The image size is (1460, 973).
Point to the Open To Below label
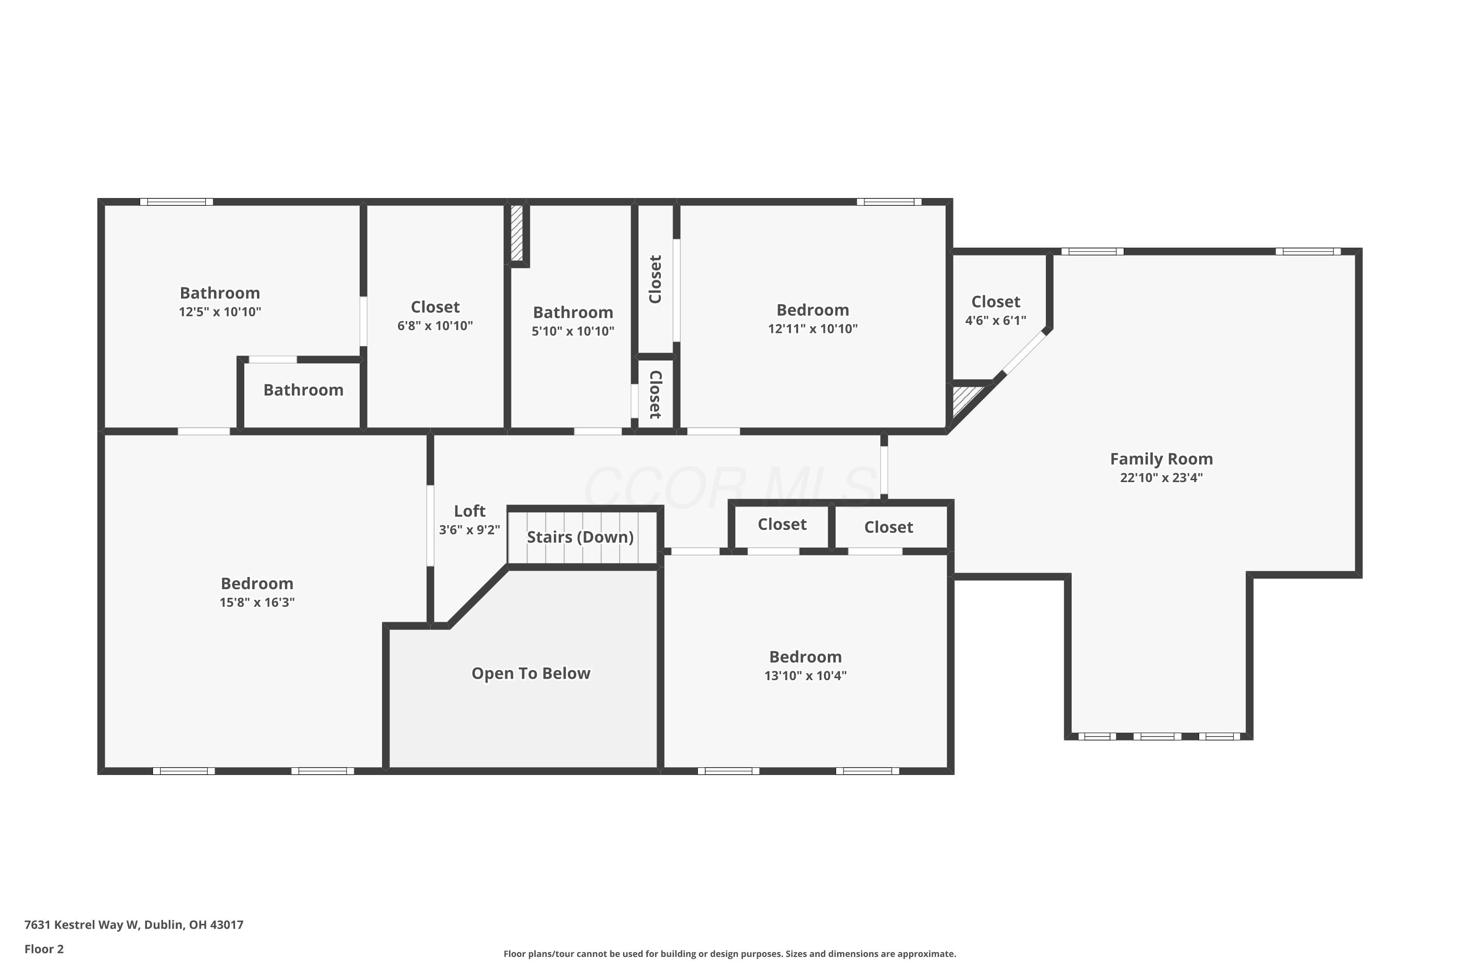click(531, 673)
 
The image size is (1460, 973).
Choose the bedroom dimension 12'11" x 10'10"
click(813, 328)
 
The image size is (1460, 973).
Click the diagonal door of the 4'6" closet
click(1025, 352)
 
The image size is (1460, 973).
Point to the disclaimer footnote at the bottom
click(730, 954)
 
